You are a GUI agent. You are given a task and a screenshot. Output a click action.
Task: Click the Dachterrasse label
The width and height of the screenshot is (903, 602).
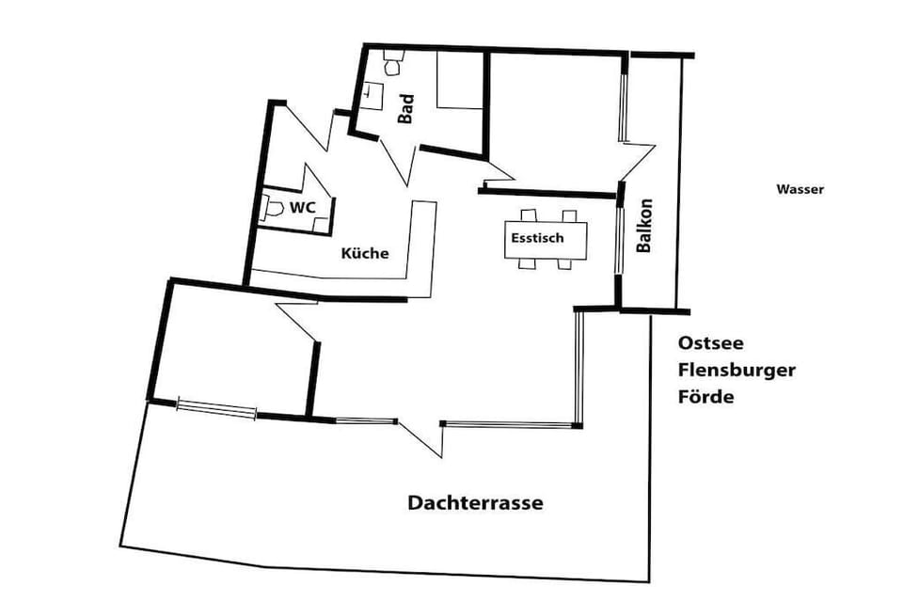pos(475,503)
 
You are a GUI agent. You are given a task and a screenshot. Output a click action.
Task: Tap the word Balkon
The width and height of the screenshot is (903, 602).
pos(644,226)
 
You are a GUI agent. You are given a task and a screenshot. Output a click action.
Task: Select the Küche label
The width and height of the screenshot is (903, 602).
pos(364,253)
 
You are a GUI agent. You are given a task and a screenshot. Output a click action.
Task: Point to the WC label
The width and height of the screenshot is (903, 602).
pos(301,207)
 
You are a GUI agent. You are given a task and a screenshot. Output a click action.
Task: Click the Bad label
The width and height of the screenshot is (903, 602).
pos(406,109)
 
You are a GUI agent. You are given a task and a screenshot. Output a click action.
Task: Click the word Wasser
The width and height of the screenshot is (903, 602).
pos(800,189)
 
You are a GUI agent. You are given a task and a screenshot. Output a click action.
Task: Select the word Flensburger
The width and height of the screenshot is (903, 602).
pos(737,370)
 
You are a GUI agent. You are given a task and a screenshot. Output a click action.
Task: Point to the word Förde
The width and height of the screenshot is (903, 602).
pos(705,396)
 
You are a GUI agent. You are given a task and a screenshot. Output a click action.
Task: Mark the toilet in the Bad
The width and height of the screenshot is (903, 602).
pos(393,67)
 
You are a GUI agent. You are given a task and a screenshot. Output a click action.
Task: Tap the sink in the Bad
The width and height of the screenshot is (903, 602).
pos(372,92)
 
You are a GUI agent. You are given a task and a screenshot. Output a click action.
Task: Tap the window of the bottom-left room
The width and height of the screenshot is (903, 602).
pos(217,408)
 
